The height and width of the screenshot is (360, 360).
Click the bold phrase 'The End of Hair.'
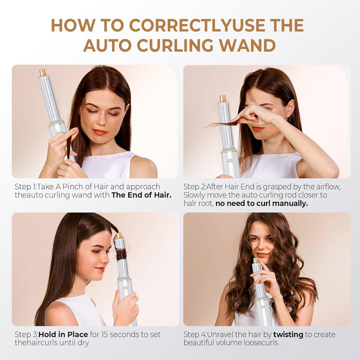141,195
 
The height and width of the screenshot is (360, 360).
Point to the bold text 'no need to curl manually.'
261,203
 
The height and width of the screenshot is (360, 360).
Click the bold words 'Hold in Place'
63,334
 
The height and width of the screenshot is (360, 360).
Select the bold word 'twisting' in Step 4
288,334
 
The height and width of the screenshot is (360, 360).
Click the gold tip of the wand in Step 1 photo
42,72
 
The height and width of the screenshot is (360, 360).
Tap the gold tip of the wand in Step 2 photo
222,98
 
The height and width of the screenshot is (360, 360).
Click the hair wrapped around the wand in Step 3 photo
121,254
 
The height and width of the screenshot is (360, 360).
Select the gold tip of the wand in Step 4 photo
255,260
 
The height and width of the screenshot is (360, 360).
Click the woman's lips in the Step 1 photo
100,132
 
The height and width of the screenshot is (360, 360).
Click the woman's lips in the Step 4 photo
262,254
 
